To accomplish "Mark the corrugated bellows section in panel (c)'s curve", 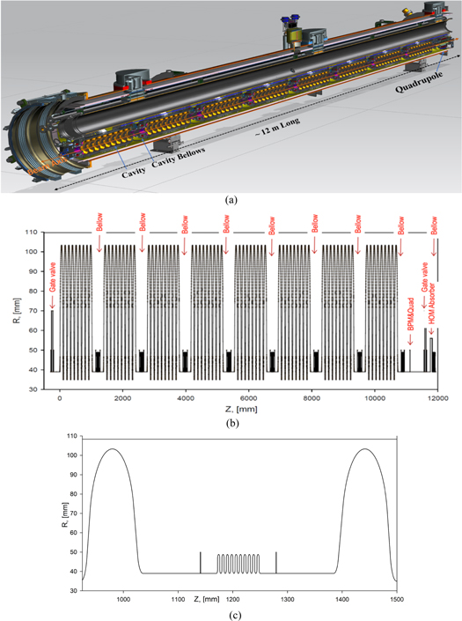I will tap(238, 564).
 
